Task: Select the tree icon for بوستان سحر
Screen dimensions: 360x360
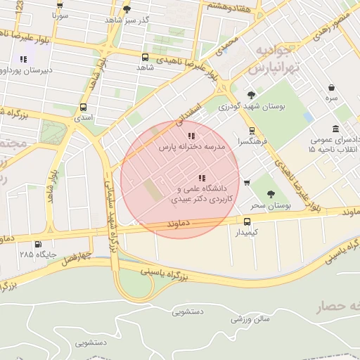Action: tap(271, 193)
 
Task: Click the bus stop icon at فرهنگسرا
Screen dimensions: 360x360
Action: tap(252, 130)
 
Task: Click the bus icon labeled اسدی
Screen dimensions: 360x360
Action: tap(84, 108)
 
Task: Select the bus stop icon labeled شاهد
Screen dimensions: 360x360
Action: tap(145, 57)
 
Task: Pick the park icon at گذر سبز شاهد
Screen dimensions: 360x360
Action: tap(127, 9)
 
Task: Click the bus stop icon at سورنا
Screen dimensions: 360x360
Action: tap(60, 4)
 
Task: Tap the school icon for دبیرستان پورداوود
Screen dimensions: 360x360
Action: tap(23, 59)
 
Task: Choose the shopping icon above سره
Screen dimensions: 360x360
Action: tap(331, 88)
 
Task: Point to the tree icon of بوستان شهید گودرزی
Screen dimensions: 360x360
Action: tap(251, 95)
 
